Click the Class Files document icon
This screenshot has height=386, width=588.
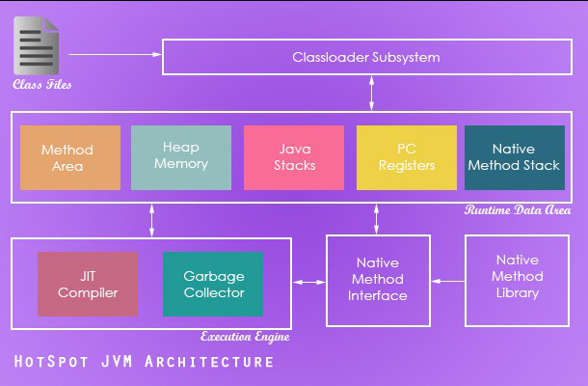(x=36, y=45)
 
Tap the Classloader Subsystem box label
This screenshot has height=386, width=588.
(x=366, y=58)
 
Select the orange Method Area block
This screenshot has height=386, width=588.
(x=70, y=157)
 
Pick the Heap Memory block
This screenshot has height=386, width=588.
(x=181, y=157)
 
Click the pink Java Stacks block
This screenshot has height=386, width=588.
(x=294, y=157)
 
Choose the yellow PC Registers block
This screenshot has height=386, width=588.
(x=407, y=157)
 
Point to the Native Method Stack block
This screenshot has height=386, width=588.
(x=515, y=157)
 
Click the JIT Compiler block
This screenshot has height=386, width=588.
(x=88, y=284)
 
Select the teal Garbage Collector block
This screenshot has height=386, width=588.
(x=213, y=284)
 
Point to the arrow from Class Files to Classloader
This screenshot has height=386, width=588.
(x=115, y=54)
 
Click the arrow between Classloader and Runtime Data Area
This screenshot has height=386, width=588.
(x=372, y=93)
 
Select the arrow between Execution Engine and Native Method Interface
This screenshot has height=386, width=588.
(x=309, y=282)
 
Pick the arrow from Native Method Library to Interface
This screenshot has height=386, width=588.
(x=448, y=281)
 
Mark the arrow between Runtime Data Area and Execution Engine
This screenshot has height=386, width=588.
(x=152, y=220)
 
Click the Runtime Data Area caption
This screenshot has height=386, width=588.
(x=518, y=209)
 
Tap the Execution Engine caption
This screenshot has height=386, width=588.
(x=245, y=337)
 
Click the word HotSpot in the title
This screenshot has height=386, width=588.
(x=51, y=362)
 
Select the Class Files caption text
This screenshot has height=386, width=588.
(x=42, y=84)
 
